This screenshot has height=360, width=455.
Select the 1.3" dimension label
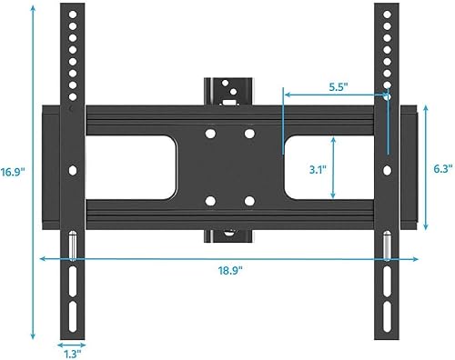pyautogui.click(x=70, y=355)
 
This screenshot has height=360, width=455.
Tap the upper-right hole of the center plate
pyautogui.click(x=248, y=134)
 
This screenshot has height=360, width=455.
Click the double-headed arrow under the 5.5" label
pyautogui.click(x=336, y=92)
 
